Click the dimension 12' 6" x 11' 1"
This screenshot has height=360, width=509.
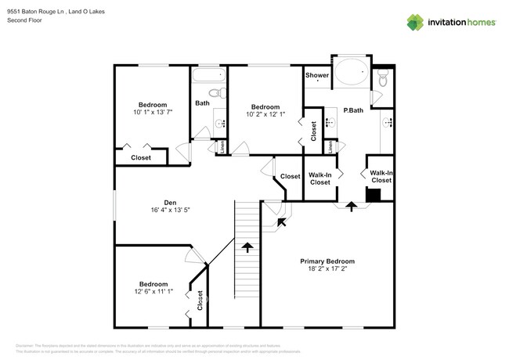(153, 293)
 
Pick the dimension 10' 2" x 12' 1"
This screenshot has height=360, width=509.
(265, 115)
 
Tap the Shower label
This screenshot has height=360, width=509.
(317, 76)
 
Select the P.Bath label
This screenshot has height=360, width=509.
(353, 110)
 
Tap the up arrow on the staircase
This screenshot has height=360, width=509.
(247, 247)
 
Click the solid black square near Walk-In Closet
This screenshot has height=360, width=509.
(374, 196)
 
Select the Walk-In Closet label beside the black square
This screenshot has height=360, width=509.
(381, 176)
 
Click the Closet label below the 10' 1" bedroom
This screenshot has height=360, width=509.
(141, 157)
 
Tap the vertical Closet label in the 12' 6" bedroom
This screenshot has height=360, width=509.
(200, 300)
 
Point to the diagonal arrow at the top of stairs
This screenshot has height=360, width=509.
(280, 222)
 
